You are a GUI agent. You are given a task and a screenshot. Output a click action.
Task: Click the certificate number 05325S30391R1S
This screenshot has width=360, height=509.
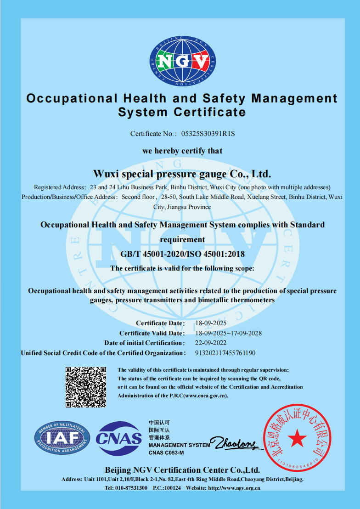coord(208,134)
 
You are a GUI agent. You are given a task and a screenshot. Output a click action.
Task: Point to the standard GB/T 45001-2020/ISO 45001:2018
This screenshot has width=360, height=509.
coord(183,254)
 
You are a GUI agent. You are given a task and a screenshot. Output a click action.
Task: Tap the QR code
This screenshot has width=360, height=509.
coord(86,387)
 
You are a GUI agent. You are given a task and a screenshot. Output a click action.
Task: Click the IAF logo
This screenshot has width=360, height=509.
coord(62,439)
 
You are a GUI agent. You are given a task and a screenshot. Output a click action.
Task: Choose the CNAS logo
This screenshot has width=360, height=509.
coord(119,439)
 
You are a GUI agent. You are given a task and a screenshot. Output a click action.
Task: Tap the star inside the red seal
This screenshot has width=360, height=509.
coord(297,438)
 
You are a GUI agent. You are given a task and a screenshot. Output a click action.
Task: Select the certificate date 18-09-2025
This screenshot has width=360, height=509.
coord(211,323)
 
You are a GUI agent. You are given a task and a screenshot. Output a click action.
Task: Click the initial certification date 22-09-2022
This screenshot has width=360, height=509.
coord(211,343)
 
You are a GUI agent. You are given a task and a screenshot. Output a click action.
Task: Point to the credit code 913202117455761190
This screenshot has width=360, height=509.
coord(225,353)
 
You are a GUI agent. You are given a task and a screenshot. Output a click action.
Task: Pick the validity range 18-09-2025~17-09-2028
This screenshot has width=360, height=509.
coord(229,333)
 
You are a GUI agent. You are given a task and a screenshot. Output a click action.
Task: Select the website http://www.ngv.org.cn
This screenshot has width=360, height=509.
coord(234,487)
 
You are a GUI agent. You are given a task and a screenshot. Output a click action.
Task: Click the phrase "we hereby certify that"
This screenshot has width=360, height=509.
coord(182,151)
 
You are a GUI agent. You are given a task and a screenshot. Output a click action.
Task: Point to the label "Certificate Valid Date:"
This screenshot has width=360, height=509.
coord(152,333)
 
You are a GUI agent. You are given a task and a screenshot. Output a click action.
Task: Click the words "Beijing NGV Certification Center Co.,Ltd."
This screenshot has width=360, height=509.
coord(182,470)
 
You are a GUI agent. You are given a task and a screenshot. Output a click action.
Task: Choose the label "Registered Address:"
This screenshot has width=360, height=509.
coord(60,187)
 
